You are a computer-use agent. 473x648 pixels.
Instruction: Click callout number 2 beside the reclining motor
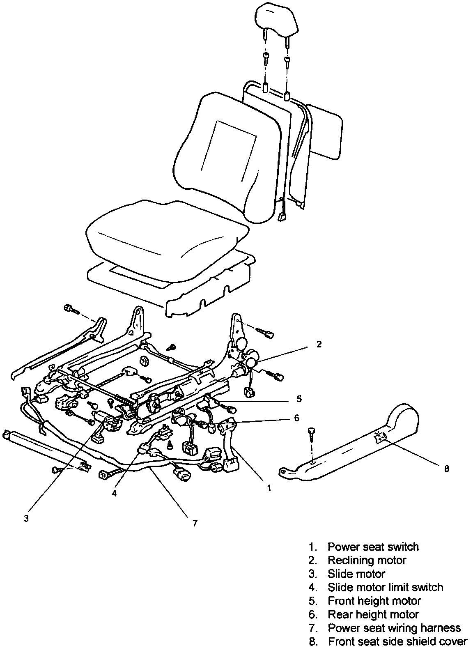coord(319,344)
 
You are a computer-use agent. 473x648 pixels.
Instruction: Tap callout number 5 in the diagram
coord(299,398)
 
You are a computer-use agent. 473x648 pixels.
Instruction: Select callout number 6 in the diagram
coord(296,418)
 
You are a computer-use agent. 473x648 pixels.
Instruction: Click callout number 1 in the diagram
coord(269,488)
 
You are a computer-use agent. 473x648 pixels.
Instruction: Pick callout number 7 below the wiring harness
coord(195,523)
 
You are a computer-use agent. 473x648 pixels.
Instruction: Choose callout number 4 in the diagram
coord(115,493)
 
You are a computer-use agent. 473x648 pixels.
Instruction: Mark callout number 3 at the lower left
coord(26,518)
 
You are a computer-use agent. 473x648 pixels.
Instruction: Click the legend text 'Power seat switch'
coord(373,547)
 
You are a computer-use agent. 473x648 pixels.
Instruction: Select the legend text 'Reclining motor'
coord(367,560)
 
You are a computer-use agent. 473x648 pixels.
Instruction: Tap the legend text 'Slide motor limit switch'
coord(385,587)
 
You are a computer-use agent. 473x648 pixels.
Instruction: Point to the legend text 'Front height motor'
coord(374,601)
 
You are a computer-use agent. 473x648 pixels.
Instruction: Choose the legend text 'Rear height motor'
coord(373,614)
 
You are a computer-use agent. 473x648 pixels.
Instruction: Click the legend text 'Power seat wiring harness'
coord(394,628)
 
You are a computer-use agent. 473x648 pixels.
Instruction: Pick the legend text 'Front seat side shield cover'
coord(397,641)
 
